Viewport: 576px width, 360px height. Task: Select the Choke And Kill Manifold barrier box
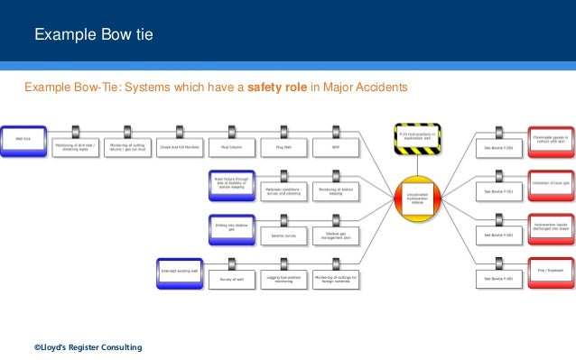[178, 147]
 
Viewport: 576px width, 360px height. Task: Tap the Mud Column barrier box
[231, 147]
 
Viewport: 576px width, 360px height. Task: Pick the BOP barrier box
[335, 147]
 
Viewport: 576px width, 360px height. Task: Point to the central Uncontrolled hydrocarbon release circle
[416, 198]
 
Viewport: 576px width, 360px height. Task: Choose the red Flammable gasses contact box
[551, 139]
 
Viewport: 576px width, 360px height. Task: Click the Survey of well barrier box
[230, 279]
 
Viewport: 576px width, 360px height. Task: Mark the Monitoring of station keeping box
[335, 191]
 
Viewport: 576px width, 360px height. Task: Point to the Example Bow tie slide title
[94, 35]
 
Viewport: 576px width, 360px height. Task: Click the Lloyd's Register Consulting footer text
[88, 347]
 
